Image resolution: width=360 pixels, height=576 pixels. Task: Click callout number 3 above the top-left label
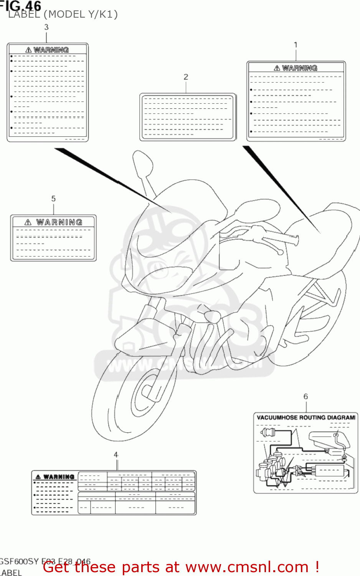[x=46, y=27]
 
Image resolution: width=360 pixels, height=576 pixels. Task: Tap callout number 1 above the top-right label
[x=296, y=45]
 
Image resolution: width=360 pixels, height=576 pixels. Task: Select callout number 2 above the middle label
[x=186, y=77]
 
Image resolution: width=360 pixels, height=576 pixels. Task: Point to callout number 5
[x=53, y=199]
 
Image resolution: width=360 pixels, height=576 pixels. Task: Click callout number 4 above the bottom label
[x=116, y=455]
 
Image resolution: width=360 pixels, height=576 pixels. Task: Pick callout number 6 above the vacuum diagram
[x=306, y=396]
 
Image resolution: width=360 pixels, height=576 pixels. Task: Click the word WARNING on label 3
[x=51, y=50]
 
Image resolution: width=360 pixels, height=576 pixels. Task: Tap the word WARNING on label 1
[x=299, y=68]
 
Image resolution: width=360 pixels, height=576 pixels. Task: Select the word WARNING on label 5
[x=59, y=222]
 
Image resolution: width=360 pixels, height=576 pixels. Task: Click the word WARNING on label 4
[x=59, y=477]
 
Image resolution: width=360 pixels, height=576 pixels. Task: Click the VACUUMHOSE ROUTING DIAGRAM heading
[x=306, y=417]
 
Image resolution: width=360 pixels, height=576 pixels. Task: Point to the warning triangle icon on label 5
[x=28, y=222]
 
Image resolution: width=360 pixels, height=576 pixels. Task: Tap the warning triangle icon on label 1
[x=277, y=68]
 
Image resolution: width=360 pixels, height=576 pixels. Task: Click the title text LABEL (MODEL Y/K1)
[x=63, y=15]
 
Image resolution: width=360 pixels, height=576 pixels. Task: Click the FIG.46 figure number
[x=21, y=5]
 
